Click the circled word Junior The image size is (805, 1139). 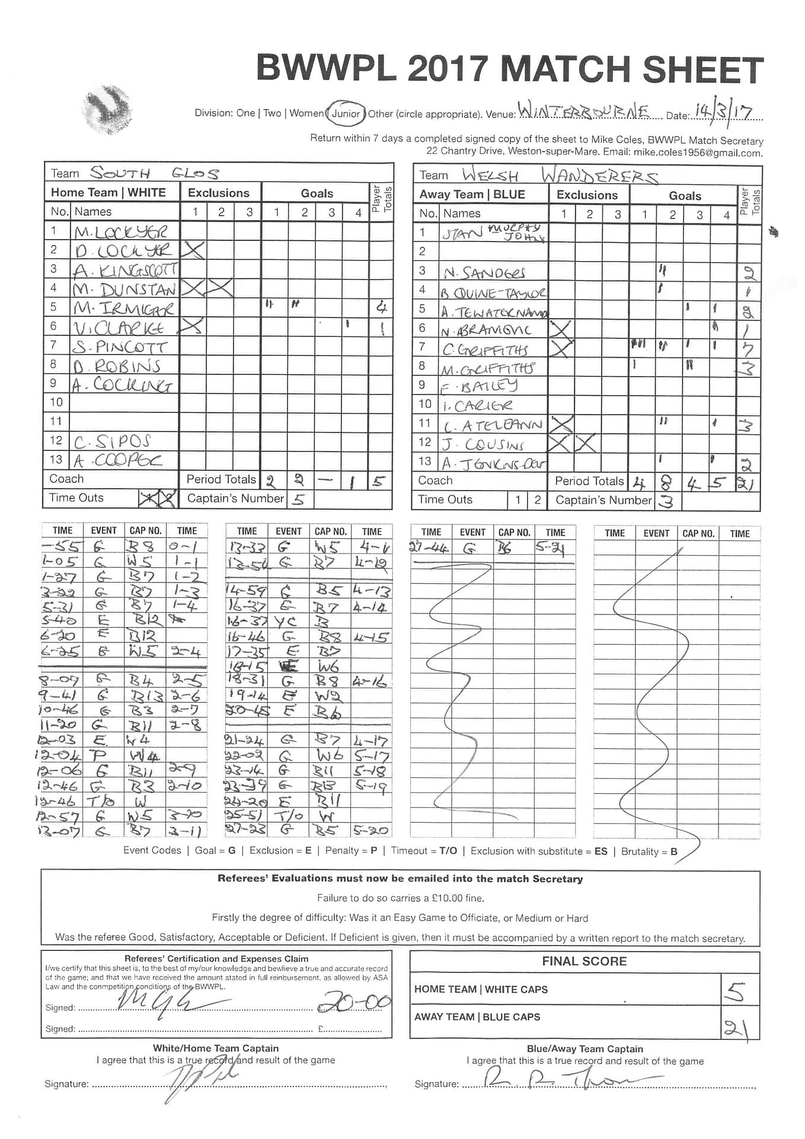point(346,113)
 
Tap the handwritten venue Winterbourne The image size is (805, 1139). point(583,111)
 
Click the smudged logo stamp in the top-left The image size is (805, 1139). point(107,108)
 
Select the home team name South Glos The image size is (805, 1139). point(154,173)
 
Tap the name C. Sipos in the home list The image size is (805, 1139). point(112,441)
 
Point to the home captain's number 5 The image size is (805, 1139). point(299,499)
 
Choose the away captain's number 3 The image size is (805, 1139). point(666,502)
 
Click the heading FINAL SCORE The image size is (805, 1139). point(584,961)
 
